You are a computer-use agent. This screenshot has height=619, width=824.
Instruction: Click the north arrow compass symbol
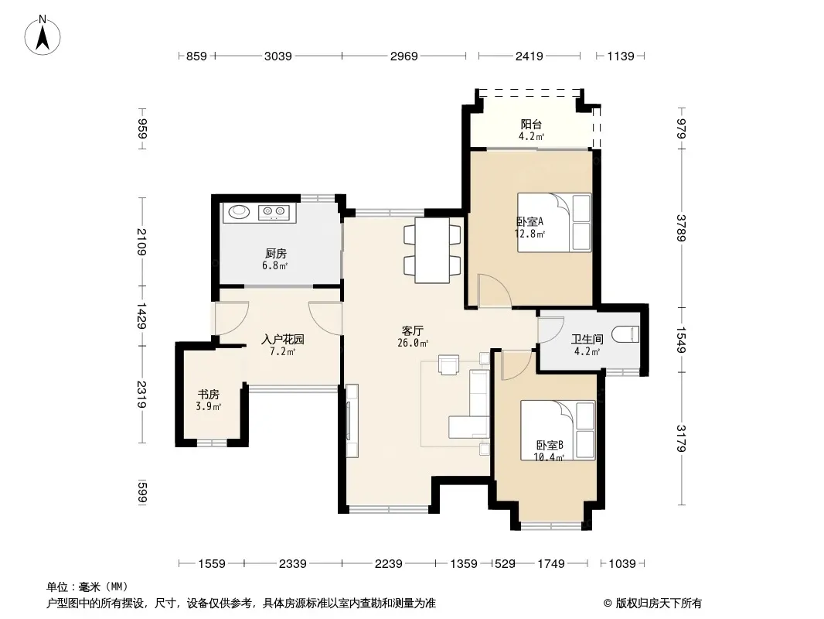(x=43, y=36)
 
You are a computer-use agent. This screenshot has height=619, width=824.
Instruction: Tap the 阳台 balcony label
(x=531, y=124)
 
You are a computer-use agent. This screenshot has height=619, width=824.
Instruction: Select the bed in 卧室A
(x=554, y=223)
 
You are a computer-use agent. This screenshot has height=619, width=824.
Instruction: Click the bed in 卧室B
(x=557, y=430)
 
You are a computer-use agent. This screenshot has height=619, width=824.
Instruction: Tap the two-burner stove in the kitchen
(x=274, y=212)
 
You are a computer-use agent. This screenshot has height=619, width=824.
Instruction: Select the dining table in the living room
(x=432, y=250)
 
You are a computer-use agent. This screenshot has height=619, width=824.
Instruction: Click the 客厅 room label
(x=413, y=331)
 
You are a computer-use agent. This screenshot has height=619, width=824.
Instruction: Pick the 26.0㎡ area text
(x=413, y=343)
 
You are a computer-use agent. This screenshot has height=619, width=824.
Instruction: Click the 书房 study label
(x=208, y=395)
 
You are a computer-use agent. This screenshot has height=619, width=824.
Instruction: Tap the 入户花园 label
(x=283, y=340)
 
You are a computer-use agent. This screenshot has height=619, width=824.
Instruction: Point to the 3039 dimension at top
(x=278, y=56)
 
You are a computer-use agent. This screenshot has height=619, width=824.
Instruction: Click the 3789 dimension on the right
(x=681, y=227)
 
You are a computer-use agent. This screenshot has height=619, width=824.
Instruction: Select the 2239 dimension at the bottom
(x=388, y=564)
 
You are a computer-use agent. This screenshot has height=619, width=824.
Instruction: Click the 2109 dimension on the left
(x=141, y=242)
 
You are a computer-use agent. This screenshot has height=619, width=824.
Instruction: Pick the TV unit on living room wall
(x=352, y=421)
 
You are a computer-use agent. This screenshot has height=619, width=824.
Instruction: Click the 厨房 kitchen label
(x=276, y=254)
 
